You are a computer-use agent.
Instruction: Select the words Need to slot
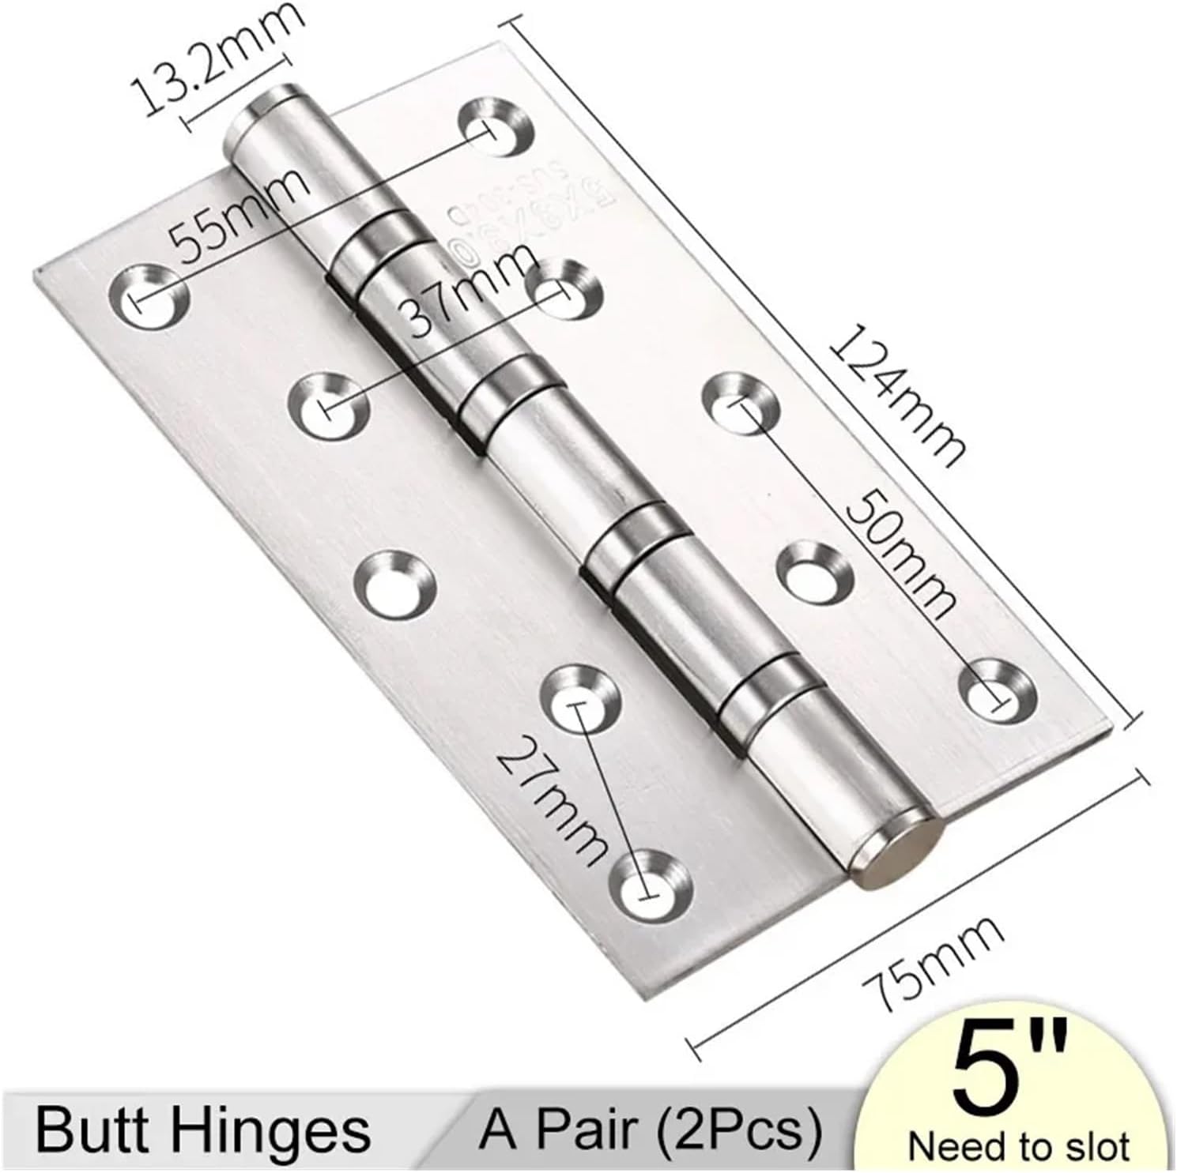pyautogui.click(x=1018, y=1146)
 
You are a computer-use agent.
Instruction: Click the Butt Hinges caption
pyautogui.click(x=202, y=1130)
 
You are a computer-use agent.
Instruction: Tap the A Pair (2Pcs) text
pyautogui.click(x=651, y=1130)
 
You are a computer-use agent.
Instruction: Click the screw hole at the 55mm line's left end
pyautogui.click(x=151, y=299)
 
